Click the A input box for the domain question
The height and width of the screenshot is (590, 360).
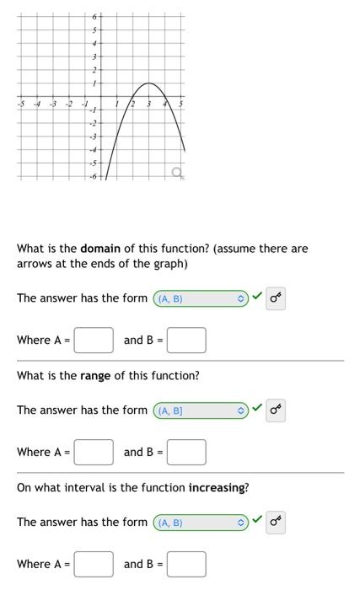[x=94, y=341]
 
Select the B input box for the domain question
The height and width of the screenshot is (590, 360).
[x=186, y=341]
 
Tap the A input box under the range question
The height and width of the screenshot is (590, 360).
[x=94, y=452]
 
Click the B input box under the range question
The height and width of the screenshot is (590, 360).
[x=186, y=452]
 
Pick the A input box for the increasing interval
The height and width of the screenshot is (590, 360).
[x=94, y=564]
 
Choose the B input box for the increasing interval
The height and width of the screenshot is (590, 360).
[x=186, y=564]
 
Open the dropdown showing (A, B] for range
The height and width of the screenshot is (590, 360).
[x=200, y=410]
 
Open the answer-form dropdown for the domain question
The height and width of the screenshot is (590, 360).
[x=200, y=298]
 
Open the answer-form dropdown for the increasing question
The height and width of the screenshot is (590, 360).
[x=200, y=523]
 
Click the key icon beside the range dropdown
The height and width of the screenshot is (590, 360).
[x=276, y=410]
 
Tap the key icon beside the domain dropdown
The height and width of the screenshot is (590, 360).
[x=276, y=298]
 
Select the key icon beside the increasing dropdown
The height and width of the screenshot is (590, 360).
[x=276, y=523]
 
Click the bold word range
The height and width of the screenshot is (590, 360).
[x=95, y=376]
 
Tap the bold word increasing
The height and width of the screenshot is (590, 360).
[x=217, y=488]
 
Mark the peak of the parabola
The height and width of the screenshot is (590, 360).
[x=148, y=83]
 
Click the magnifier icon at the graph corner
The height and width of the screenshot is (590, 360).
[x=176, y=173]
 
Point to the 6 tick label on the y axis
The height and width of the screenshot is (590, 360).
[x=95, y=17]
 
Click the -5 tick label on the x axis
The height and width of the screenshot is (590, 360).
[x=20, y=105]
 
